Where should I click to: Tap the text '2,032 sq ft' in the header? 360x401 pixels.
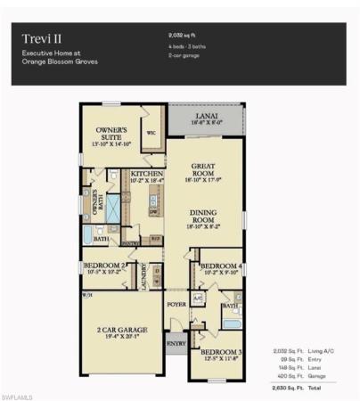[182, 33]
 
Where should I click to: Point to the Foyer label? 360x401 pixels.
[176, 304]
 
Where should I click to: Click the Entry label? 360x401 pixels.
[175, 342]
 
